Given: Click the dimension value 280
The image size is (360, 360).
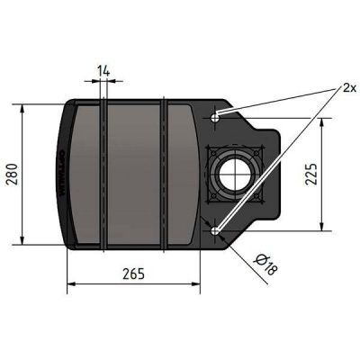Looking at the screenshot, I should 12,172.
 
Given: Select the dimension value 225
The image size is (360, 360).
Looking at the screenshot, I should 334,174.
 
